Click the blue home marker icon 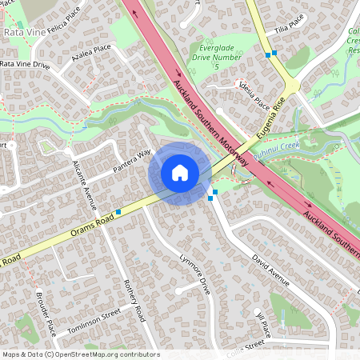point(180,173)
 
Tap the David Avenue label point(269,270)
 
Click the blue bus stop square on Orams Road point(118,211)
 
